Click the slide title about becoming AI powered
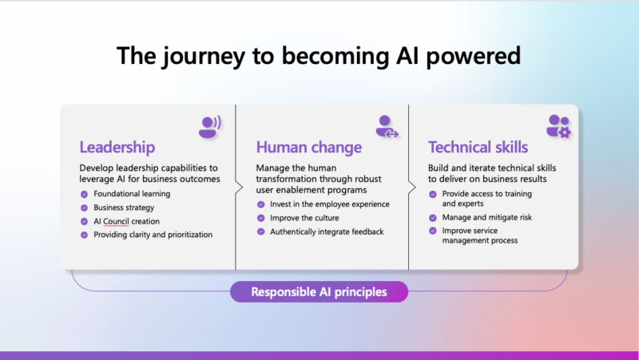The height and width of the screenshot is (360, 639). tap(319, 56)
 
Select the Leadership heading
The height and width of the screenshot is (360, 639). tap(117, 148)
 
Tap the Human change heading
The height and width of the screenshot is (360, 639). tap(308, 148)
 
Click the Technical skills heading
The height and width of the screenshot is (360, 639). tap(478, 148)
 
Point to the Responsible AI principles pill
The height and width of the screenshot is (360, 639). tap(319, 292)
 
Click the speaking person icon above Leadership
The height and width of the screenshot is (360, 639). tap(210, 126)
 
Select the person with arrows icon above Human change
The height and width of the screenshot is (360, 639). tap(387, 126)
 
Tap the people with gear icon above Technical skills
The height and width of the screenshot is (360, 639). tap(558, 126)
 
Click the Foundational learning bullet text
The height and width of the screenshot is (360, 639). tap(132, 194)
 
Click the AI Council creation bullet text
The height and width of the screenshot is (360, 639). tap(126, 221)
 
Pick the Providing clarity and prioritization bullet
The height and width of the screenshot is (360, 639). tap(153, 235)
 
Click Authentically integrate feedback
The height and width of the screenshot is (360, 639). tap(326, 231)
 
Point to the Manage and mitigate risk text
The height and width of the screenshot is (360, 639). tap(488, 217)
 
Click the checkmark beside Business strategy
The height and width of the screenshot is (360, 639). tap(85, 208)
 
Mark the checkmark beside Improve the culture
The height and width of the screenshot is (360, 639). tap(262, 218)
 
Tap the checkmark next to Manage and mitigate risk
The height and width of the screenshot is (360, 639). tap(434, 217)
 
